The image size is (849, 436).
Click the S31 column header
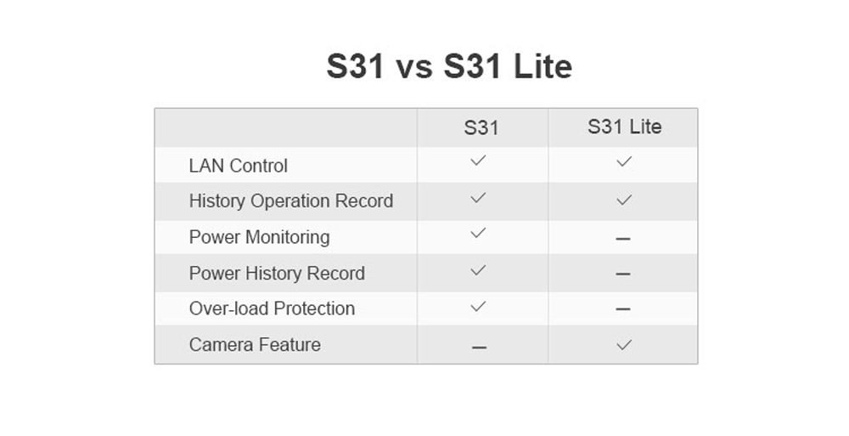click(x=481, y=128)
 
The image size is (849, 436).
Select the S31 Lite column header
click(x=624, y=127)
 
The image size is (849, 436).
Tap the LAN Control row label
click(x=239, y=166)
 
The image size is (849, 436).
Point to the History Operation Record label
click(x=290, y=201)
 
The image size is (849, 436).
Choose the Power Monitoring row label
click(x=259, y=237)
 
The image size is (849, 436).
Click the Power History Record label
click(x=277, y=273)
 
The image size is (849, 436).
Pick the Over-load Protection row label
click(x=272, y=308)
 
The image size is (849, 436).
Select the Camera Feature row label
click(x=255, y=344)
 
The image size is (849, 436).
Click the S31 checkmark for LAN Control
click(x=478, y=160)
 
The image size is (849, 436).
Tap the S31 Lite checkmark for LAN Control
click(x=624, y=161)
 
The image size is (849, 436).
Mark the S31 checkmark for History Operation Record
click(x=478, y=198)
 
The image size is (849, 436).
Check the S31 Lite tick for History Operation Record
click(x=624, y=200)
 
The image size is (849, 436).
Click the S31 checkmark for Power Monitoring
click(x=478, y=233)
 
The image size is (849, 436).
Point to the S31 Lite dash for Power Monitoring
click(x=623, y=238)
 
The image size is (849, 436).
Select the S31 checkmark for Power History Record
click(x=478, y=270)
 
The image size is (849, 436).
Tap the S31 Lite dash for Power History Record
click(x=623, y=274)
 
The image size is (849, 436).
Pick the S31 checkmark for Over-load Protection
click(x=478, y=307)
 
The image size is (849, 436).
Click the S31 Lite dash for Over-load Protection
click(x=623, y=309)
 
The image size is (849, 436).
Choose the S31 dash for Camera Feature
click(x=479, y=347)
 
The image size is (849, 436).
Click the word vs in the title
click(x=414, y=68)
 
